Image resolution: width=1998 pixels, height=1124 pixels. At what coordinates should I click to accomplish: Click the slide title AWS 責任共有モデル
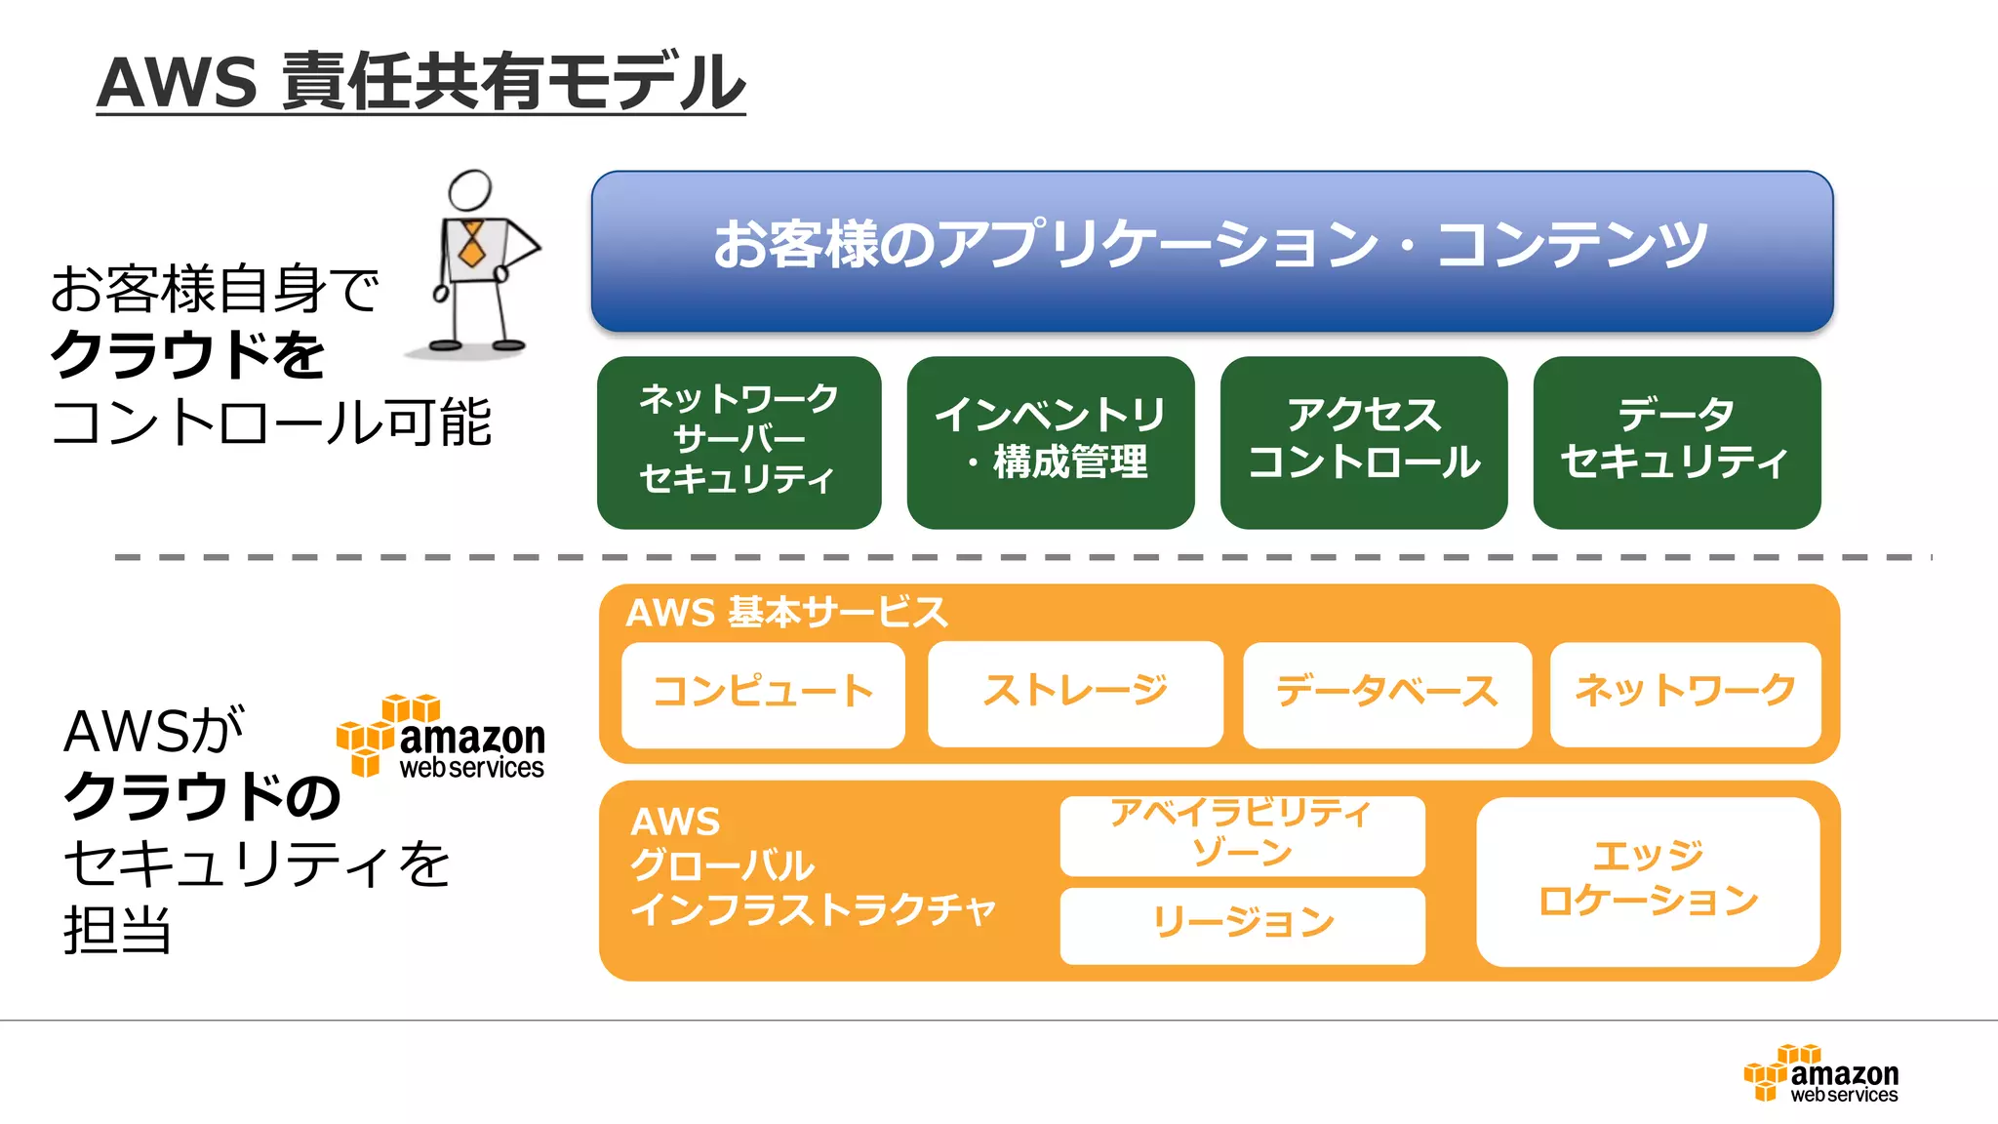click(420, 82)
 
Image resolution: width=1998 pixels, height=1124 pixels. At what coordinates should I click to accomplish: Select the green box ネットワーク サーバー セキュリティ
click(739, 442)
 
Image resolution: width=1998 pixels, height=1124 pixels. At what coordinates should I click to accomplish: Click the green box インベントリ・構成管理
click(1051, 442)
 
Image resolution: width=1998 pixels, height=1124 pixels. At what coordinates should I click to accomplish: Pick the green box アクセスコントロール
click(1364, 442)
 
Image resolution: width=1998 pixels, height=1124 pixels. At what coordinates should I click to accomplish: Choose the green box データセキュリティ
click(1676, 442)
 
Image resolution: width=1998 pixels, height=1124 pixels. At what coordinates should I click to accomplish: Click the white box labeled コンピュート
click(763, 694)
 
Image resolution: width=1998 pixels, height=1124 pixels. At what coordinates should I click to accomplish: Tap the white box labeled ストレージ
click(1075, 694)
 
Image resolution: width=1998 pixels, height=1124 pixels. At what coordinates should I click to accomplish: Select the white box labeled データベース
click(1386, 694)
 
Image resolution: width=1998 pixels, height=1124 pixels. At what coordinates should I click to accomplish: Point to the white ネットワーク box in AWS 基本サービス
click(1685, 694)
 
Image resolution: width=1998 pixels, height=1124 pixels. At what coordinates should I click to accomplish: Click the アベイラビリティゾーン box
click(1242, 835)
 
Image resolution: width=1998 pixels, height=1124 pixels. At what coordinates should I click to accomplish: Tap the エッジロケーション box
click(1648, 881)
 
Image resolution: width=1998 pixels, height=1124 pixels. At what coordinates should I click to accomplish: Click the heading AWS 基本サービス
click(786, 613)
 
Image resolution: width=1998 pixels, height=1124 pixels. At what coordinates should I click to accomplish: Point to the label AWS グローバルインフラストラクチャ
click(812, 866)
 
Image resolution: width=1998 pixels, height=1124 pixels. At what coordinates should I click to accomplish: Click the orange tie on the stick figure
click(472, 245)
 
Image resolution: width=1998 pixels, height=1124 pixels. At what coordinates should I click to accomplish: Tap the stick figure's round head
click(470, 190)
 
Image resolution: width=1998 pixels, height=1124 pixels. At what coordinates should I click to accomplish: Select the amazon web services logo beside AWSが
click(441, 738)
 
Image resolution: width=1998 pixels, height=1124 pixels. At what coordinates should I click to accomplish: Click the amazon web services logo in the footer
click(1821, 1074)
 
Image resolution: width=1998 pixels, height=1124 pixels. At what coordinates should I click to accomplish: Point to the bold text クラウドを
click(187, 355)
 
